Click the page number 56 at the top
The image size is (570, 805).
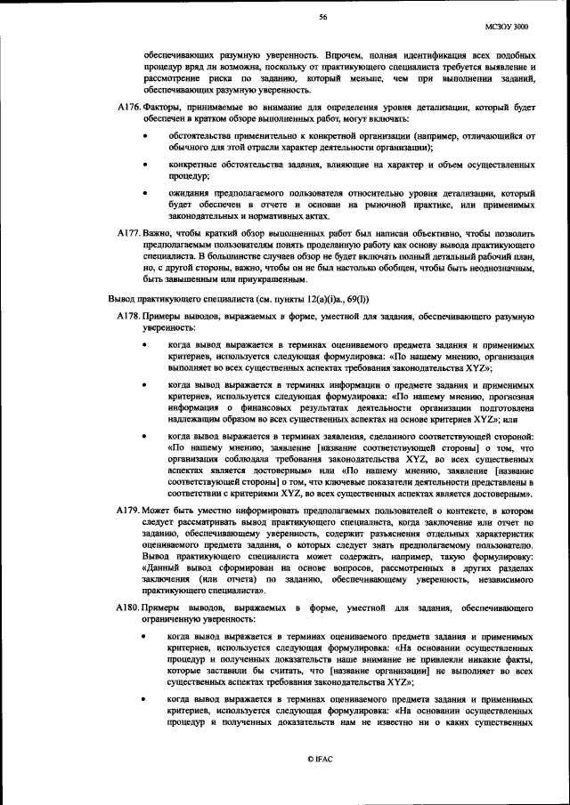coord(323,17)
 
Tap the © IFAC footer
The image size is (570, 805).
coord(319,758)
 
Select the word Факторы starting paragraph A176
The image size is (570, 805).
coord(166,108)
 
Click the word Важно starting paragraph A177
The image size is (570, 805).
coord(160,232)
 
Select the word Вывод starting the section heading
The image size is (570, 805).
coord(122,299)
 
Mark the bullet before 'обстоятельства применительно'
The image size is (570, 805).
coord(145,136)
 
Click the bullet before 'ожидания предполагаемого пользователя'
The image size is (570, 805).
coord(145,193)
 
